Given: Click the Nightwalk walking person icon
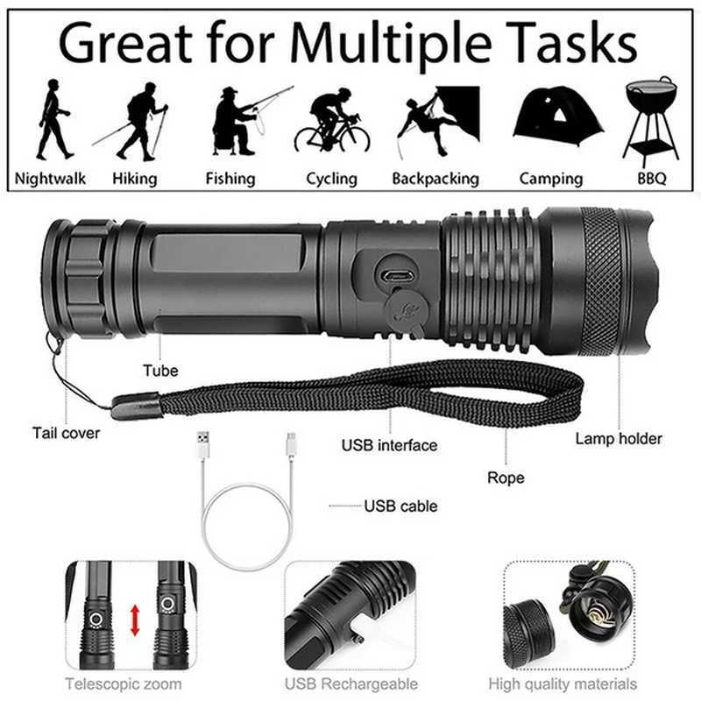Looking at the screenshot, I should tap(53, 118).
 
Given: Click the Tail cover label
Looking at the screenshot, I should tap(67, 432).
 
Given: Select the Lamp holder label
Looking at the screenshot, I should tap(619, 438).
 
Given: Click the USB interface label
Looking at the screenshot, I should tap(389, 445).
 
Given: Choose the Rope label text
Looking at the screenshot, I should tap(506, 478).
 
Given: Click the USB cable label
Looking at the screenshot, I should tap(400, 506).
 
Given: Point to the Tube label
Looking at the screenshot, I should tap(160, 371).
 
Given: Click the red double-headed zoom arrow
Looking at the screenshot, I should tap(135, 620).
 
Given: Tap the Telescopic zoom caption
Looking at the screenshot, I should tap(124, 683).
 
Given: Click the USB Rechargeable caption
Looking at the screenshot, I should tap(351, 683).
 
